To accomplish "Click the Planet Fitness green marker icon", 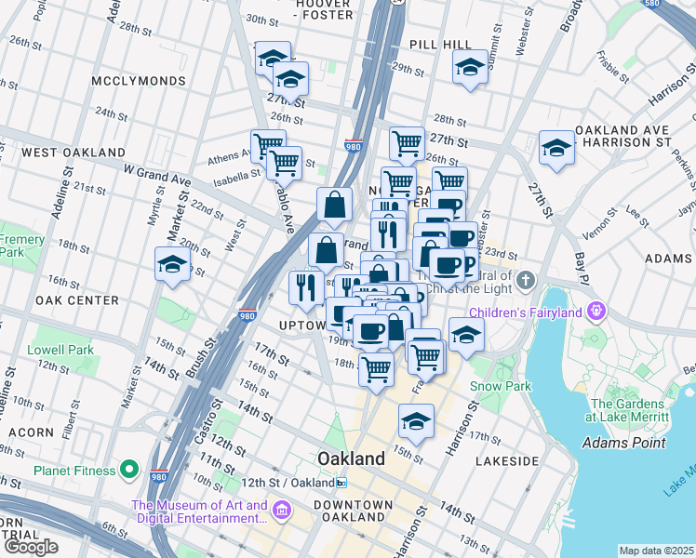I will (x=130, y=471).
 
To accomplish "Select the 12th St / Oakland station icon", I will (x=341, y=483).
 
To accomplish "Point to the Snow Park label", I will (x=500, y=385).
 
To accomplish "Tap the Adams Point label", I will (x=623, y=443).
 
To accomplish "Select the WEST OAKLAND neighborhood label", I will (x=74, y=152).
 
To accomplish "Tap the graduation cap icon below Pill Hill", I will (x=470, y=67).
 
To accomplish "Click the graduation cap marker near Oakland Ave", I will (x=556, y=148).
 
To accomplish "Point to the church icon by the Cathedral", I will (x=526, y=280).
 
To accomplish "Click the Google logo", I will (x=31, y=547).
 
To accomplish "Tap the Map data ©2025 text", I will (x=657, y=551).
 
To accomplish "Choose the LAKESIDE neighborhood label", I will (x=506, y=460).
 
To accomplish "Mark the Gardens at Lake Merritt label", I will (x=629, y=410).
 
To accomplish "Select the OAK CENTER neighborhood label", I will (x=76, y=300).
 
